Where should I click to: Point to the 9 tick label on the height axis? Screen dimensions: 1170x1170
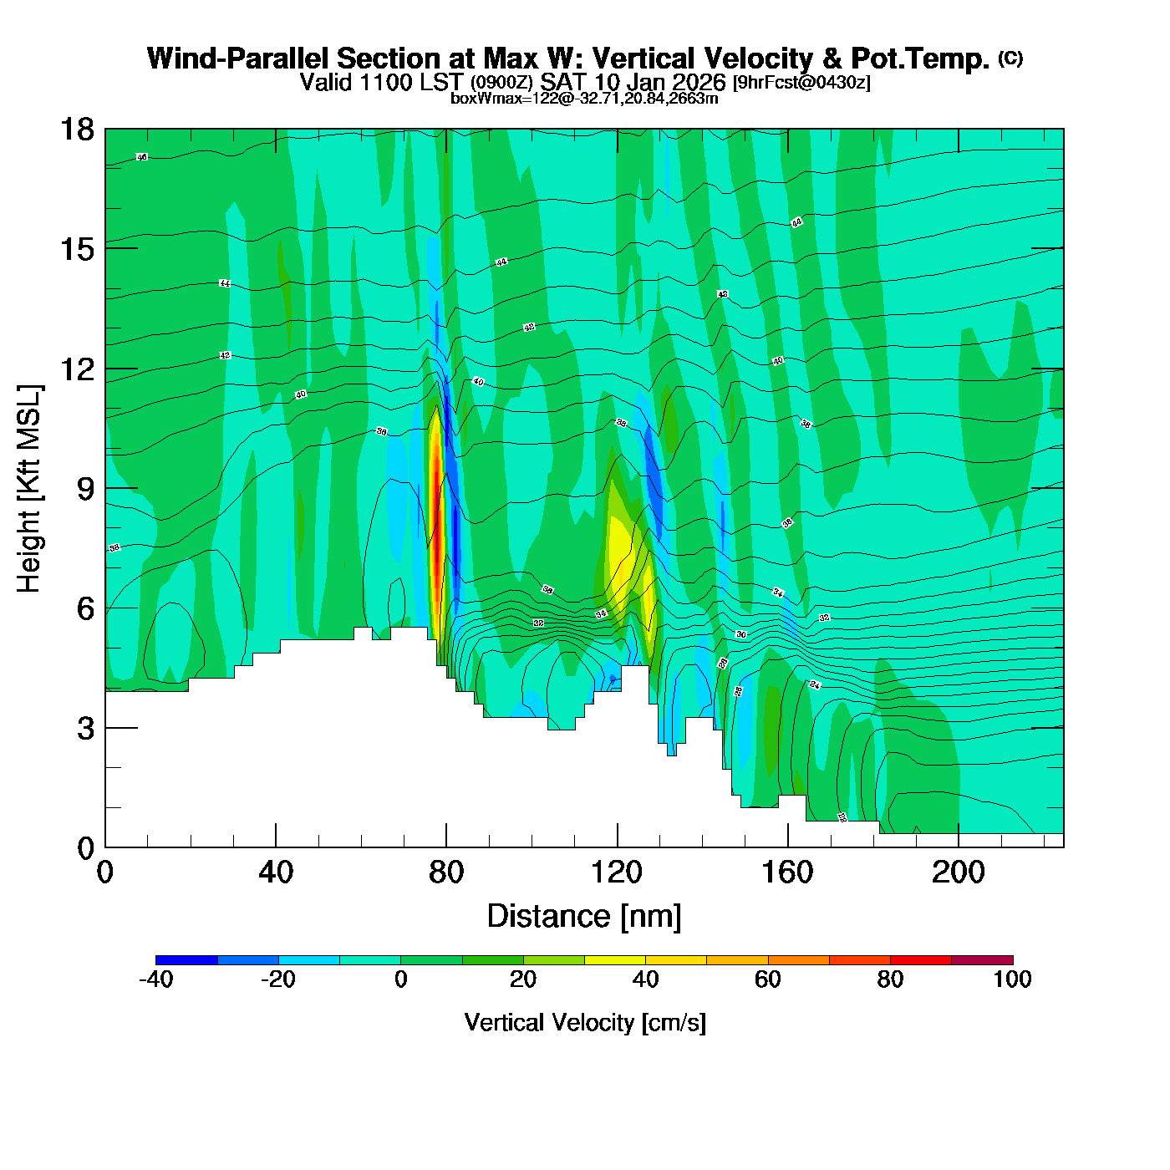84,489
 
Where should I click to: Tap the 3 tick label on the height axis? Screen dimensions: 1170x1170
85,729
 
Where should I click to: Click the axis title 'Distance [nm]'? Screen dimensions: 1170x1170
584,917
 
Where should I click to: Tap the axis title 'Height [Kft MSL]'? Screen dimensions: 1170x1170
29,489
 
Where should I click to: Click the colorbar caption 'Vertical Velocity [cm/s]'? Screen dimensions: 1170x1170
585,1023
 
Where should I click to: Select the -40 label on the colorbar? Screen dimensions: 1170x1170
155,979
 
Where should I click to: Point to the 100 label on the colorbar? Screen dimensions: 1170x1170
1012,979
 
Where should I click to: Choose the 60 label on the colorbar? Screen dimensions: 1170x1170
767,979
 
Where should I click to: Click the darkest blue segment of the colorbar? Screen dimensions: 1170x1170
186,960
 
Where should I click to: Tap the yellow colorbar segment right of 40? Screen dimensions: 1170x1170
676,960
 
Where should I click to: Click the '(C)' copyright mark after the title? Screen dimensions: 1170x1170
1010,58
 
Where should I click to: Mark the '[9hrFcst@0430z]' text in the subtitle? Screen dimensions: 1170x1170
801,83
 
